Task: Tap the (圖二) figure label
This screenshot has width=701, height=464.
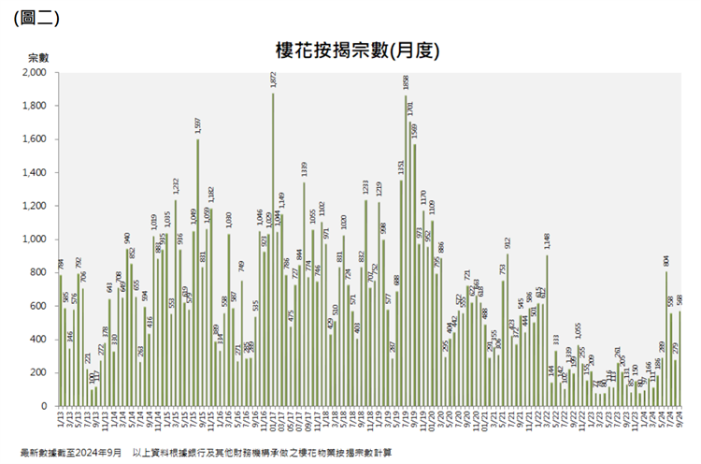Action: point(35,17)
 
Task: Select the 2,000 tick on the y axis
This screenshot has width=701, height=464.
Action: point(34,73)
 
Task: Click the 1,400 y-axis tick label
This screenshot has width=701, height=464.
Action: point(34,173)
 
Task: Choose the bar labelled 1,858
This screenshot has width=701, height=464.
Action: point(406,252)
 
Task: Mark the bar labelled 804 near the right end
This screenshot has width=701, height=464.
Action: point(666,339)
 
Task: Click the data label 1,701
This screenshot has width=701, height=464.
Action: point(410,108)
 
